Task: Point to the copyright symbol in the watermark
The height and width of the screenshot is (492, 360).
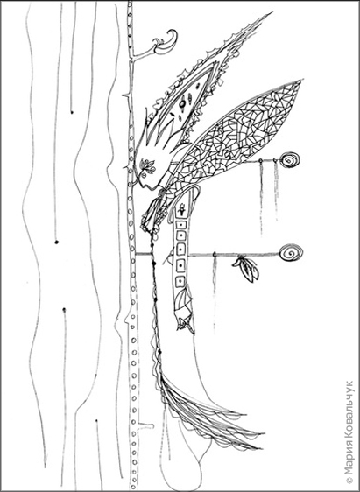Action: [x=349, y=480]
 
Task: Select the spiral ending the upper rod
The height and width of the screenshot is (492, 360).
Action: [x=289, y=160]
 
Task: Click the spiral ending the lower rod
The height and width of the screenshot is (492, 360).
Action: [x=291, y=253]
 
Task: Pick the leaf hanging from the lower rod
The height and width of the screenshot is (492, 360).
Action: [x=247, y=269]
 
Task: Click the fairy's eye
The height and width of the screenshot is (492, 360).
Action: [x=144, y=176]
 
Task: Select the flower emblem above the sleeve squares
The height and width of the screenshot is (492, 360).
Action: [x=181, y=208]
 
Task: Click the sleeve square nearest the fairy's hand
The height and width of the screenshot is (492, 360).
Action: [x=180, y=281]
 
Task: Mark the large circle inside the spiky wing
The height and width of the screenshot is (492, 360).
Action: [x=182, y=103]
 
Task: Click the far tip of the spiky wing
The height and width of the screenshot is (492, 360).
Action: [x=272, y=12]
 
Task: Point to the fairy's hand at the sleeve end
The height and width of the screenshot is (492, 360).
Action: [x=186, y=323]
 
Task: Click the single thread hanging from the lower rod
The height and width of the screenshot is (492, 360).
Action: [x=215, y=292]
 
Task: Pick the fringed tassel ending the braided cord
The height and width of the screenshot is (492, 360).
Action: [x=207, y=411]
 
